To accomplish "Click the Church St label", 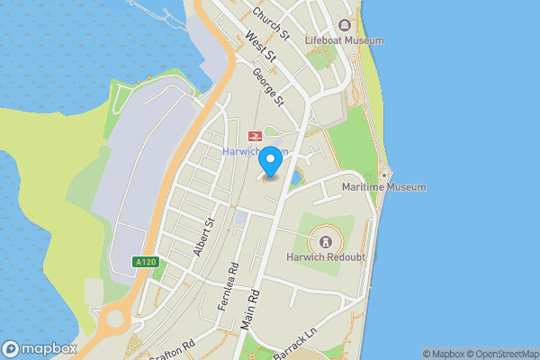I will pyautogui.click(x=270, y=24).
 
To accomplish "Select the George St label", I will pyautogui.click(x=268, y=85).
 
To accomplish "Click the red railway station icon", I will pyautogui.click(x=256, y=136).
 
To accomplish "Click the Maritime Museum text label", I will pyautogui.click(x=384, y=187).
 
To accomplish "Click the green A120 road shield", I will pyautogui.click(x=145, y=262).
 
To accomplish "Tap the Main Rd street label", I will pyautogui.click(x=251, y=310).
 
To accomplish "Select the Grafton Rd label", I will pyautogui.click(x=176, y=348).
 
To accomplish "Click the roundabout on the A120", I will pyautogui.click(x=114, y=319).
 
